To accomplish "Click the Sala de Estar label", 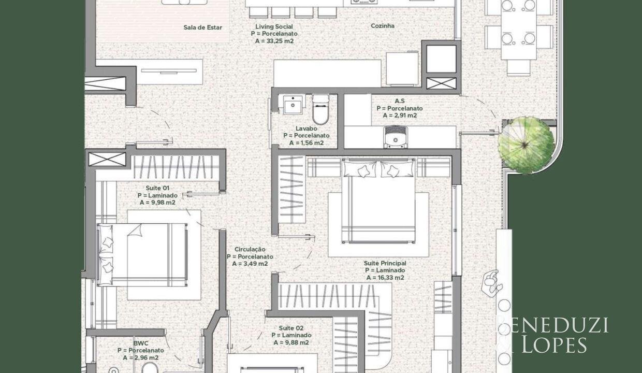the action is (x=202, y=27).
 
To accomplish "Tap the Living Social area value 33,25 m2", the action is (x=274, y=41).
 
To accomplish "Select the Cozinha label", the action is (x=383, y=26).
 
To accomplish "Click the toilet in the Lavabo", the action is (x=320, y=109).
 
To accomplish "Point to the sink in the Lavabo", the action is (x=293, y=105).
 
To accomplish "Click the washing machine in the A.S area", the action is (x=395, y=137).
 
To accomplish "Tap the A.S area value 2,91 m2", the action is (x=400, y=116).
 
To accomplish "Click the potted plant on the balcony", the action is (x=526, y=145).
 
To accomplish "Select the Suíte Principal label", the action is (x=385, y=263).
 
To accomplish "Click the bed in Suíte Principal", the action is (x=378, y=200).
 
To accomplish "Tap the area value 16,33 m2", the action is (x=385, y=278).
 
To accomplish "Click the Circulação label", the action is (x=250, y=249).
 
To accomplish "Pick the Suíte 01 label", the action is (x=157, y=188).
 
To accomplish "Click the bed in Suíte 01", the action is (x=142, y=254).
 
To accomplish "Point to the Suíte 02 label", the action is (x=291, y=328).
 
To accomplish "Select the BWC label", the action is (x=141, y=343).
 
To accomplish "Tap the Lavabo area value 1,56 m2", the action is (x=307, y=143).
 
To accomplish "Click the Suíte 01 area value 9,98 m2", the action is (x=157, y=203).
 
